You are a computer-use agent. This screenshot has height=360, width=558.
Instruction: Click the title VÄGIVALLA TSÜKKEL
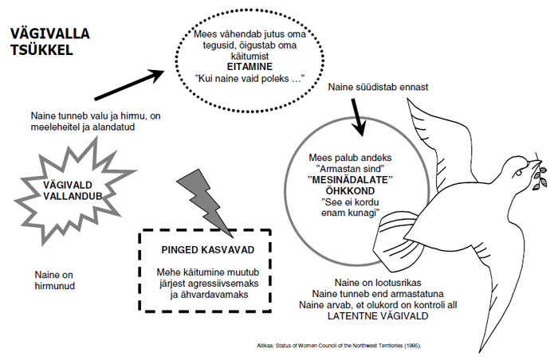coord(49,41)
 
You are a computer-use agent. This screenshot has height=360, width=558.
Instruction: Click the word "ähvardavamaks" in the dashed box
coord(211,295)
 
